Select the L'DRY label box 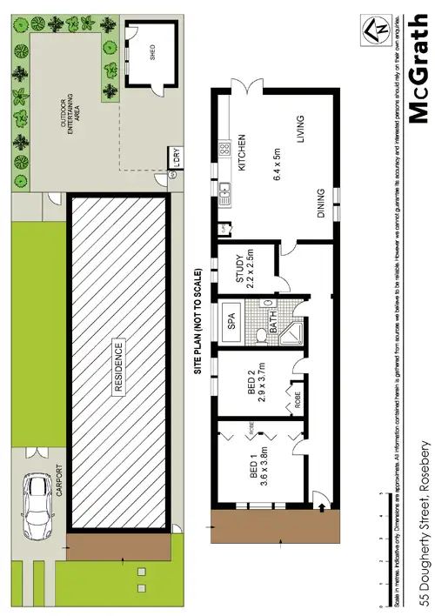(174, 161)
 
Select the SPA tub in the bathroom (232, 319)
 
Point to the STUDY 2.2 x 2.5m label (246, 271)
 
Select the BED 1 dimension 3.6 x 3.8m (261, 465)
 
